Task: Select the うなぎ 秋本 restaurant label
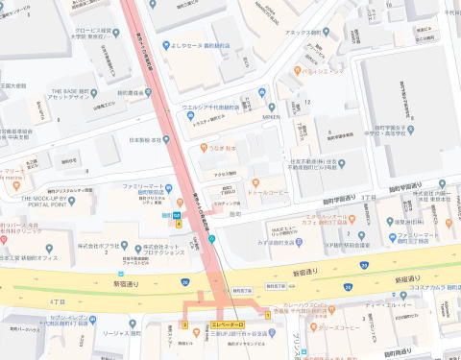tap(223, 149)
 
